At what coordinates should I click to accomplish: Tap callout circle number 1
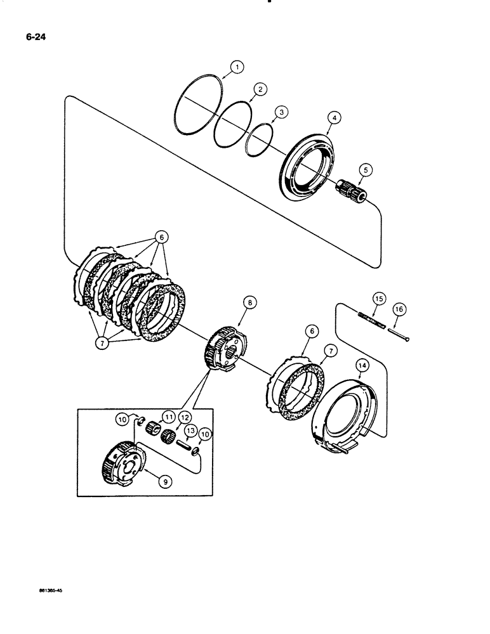coord(236,66)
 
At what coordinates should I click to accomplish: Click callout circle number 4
coord(334,117)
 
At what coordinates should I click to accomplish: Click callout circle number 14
coord(362,365)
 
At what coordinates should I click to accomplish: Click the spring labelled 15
coord(372,320)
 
